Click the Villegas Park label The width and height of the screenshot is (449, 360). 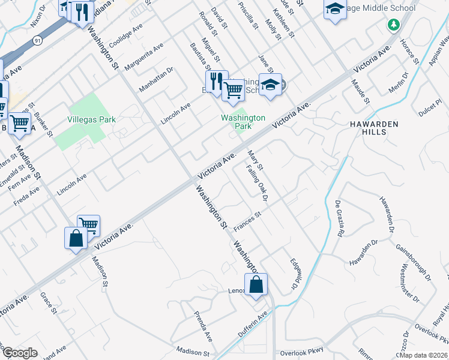coord(92,119)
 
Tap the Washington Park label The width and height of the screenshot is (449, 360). coord(243,122)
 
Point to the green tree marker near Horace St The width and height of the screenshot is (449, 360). coord(393,25)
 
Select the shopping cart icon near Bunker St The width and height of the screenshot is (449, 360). coord(20,122)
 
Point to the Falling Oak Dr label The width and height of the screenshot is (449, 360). coord(256,182)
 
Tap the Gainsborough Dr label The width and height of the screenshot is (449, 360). coord(413,262)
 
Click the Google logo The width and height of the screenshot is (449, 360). coord(20,352)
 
